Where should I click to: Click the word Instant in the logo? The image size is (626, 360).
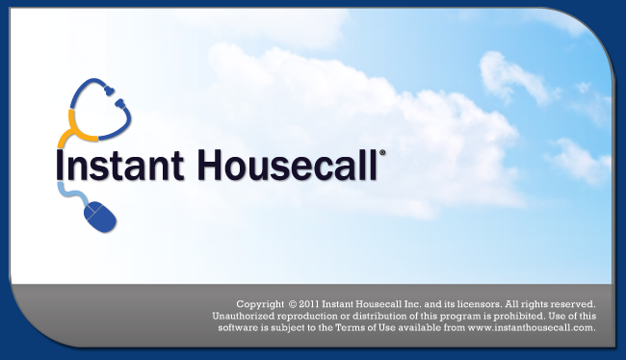120,165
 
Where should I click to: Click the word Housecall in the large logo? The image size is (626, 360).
287,165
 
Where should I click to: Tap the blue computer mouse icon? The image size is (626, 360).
100,217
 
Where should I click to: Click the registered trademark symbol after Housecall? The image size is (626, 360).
382,152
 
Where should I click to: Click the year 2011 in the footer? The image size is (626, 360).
309,304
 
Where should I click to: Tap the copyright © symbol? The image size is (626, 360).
293,304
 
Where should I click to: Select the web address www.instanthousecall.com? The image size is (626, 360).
532,328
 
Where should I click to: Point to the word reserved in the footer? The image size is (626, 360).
574,304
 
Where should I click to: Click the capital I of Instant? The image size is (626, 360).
60,165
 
